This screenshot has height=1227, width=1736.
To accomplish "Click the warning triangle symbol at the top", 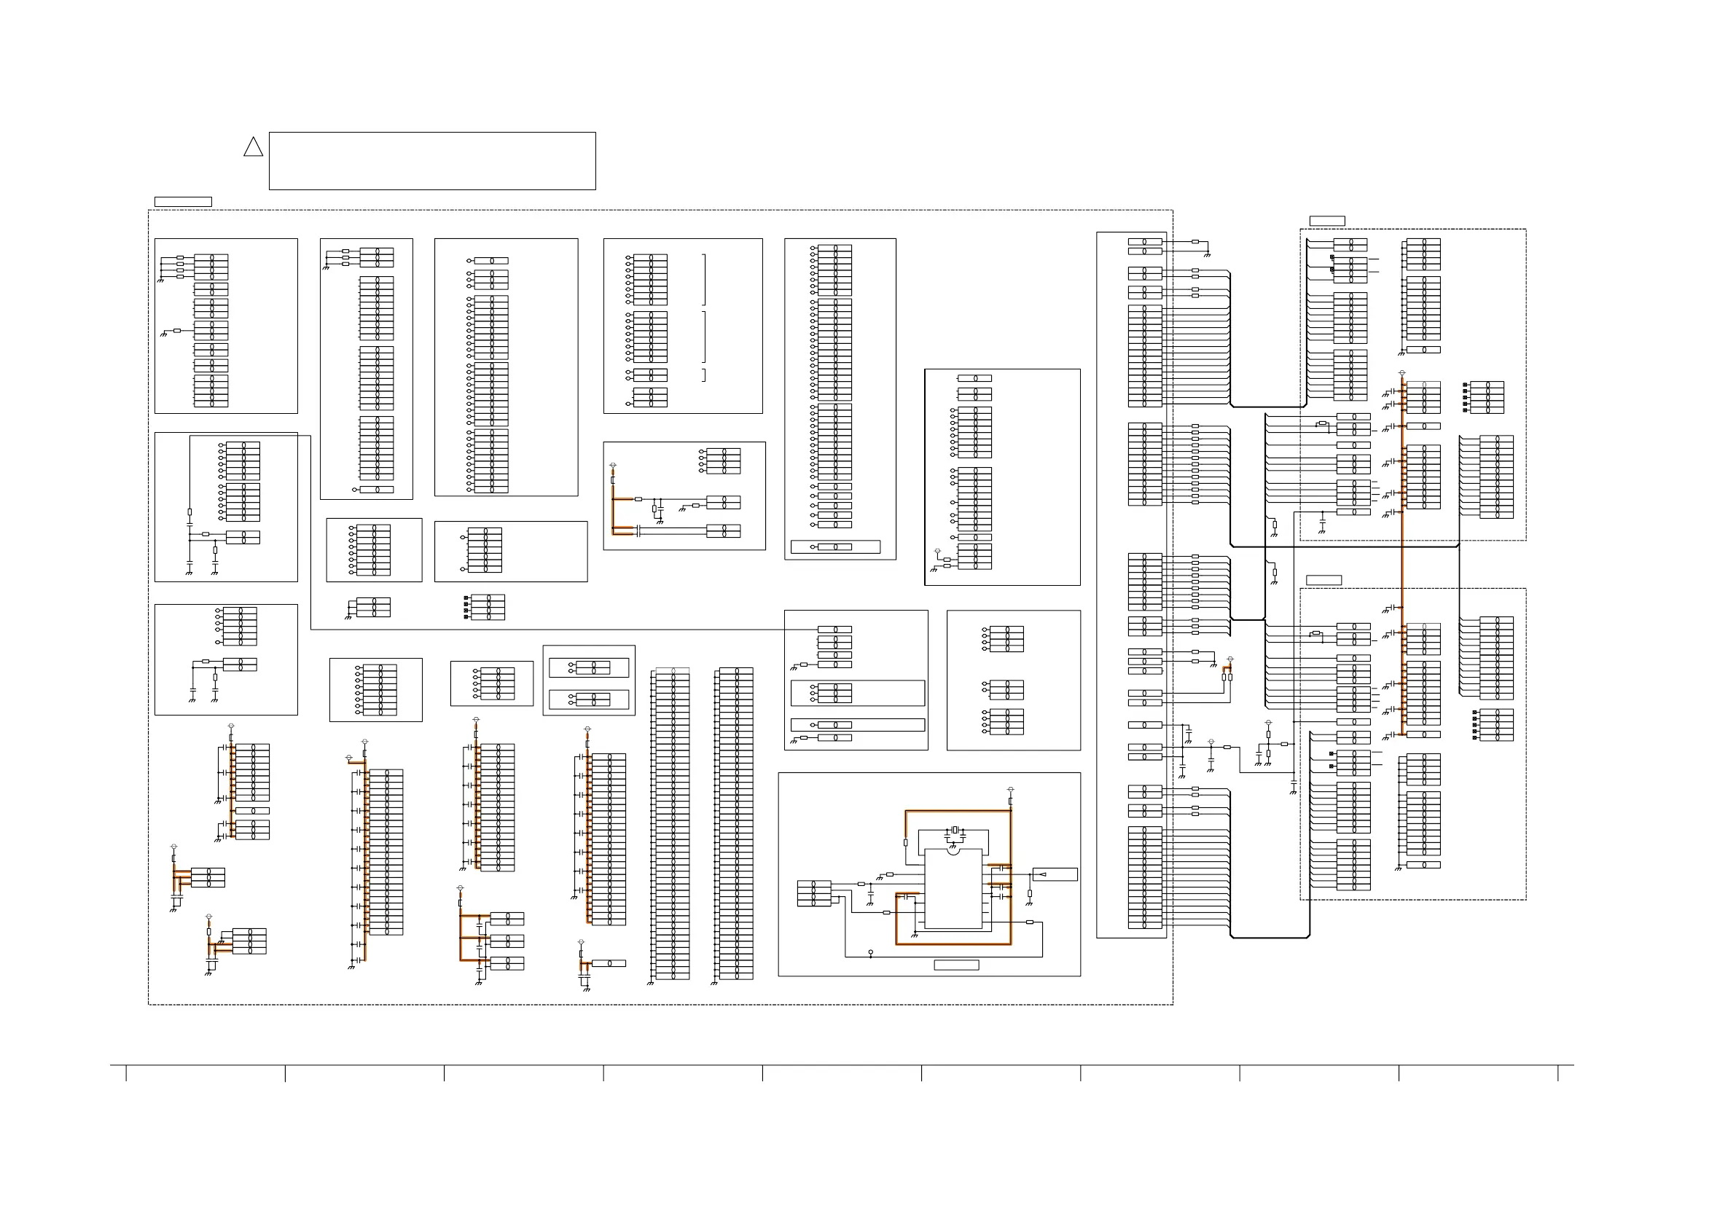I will pos(254,146).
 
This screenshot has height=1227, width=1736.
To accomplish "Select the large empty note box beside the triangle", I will pos(431,160).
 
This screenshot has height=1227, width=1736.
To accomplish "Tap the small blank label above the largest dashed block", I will pos(182,202).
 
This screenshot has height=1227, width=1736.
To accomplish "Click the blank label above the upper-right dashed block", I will pos(1327,221).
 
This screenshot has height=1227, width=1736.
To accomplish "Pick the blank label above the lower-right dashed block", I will pos(1324,580).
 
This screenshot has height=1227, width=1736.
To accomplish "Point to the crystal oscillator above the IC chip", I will pos(955,831).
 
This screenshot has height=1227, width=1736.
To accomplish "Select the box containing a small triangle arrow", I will pos(1055,874).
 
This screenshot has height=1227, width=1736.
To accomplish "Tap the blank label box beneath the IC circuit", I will pos(956,965).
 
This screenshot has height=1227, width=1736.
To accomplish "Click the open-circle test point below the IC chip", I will pos(871,952).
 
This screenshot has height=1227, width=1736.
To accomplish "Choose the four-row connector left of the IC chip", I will pos(813,893).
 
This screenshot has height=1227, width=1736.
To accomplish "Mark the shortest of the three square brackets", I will pos(704,375).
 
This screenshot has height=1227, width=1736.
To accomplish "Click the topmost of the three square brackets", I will pos(704,280).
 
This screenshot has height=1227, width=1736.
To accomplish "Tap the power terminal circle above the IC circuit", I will pos(1011,790).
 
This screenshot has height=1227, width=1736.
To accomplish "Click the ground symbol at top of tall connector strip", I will pos(1208,255).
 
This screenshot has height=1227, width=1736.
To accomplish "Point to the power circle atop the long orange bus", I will pos(1402,373).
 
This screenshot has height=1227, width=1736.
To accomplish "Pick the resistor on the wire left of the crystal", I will pos(905,842).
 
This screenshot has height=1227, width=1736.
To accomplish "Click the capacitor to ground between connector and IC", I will pos(871,894).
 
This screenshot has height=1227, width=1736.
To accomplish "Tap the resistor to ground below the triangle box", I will pos(1030,893).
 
